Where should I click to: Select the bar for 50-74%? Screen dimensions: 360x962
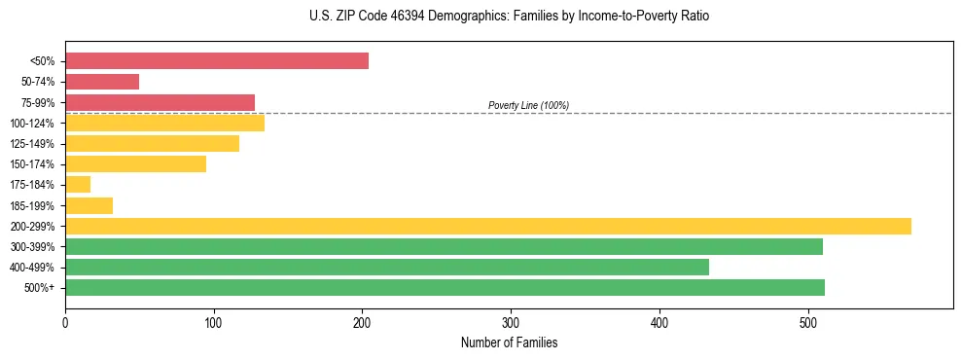102,82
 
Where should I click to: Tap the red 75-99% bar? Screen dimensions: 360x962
160,102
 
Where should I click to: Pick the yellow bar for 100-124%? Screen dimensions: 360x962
164,123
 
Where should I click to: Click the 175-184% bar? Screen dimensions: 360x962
78,185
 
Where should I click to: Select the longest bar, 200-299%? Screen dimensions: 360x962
487,226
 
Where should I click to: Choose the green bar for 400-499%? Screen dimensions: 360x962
386,267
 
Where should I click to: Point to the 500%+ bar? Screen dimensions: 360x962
445,287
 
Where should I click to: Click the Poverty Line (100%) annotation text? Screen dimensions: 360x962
528,105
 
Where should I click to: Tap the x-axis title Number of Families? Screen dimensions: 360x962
509,342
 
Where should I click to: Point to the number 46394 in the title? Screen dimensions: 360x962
411,17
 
